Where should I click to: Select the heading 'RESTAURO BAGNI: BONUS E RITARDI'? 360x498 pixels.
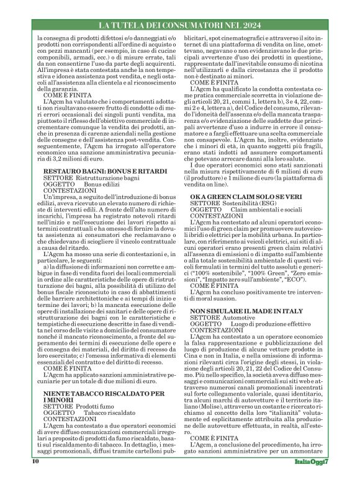pyautogui.click(x=94, y=169)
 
